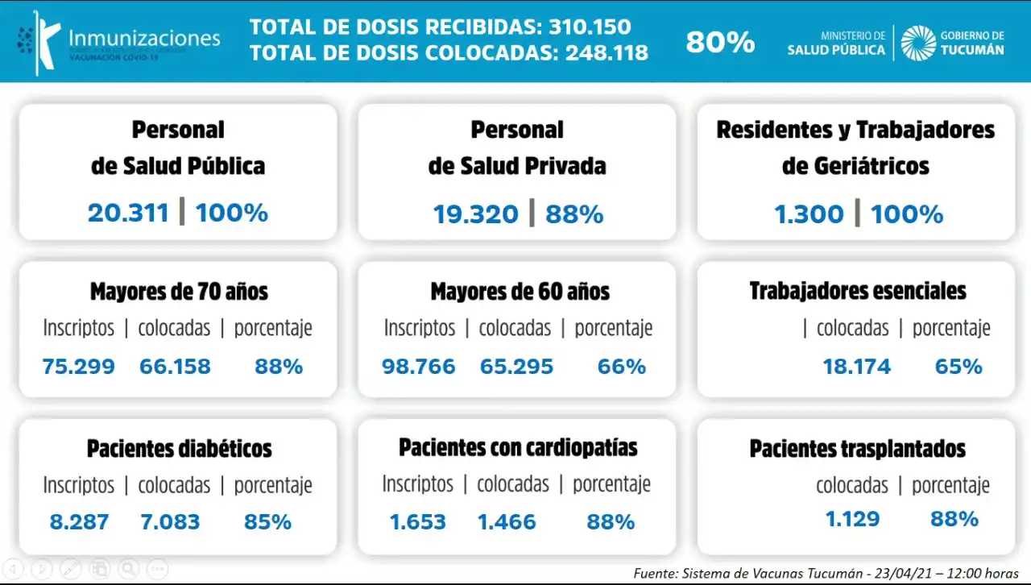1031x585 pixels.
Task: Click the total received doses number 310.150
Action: (590, 27)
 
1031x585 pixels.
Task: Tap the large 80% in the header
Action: (720, 42)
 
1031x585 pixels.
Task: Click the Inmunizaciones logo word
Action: (144, 38)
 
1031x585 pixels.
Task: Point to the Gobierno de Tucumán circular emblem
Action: (917, 42)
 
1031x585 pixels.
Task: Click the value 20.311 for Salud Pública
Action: (128, 213)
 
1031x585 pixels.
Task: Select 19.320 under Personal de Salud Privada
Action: (475, 214)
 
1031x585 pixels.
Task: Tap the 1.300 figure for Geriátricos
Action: (809, 214)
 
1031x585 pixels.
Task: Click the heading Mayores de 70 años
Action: (179, 291)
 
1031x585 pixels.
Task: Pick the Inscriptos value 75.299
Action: (78, 367)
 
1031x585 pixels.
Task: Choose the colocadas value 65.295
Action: (516, 367)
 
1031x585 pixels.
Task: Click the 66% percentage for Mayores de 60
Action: (621, 367)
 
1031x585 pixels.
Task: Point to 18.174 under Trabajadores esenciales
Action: (856, 367)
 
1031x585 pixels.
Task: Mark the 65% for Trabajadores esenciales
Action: (959, 367)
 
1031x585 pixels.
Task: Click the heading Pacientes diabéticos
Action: (179, 448)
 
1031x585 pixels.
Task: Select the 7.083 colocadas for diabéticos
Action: (169, 521)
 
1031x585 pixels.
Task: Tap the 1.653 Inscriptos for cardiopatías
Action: (417, 521)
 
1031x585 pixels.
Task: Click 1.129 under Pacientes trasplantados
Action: (852, 518)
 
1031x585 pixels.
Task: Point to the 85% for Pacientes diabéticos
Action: (267, 521)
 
